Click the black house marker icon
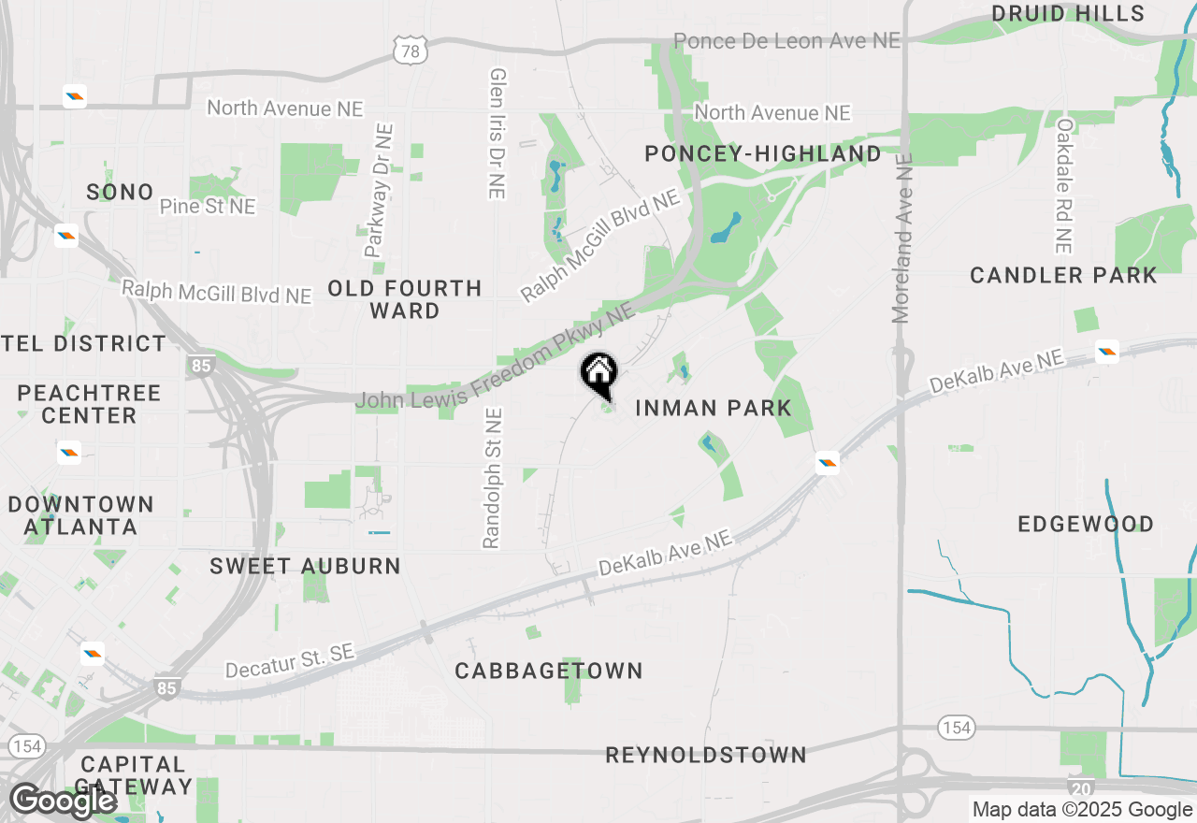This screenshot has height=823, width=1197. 599,374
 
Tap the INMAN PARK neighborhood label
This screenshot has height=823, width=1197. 714,408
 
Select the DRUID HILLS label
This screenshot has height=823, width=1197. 1068,13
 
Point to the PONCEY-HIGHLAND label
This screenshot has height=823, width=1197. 763,154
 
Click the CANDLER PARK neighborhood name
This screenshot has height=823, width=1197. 1063,275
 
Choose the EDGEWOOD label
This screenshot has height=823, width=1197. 1086,524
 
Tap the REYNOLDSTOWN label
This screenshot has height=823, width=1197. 706,755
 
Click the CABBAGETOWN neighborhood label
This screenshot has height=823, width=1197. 549,671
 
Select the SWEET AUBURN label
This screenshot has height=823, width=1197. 306,566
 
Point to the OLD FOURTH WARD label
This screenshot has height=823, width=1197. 405,299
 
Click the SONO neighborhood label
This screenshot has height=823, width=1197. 120,193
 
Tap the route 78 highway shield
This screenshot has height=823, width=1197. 411,51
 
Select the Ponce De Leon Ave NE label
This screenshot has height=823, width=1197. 786,41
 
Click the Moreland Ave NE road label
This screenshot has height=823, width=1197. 901,238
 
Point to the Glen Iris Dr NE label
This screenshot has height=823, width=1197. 498,133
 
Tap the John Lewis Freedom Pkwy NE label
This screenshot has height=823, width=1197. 496,359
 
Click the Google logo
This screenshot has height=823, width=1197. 63,801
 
